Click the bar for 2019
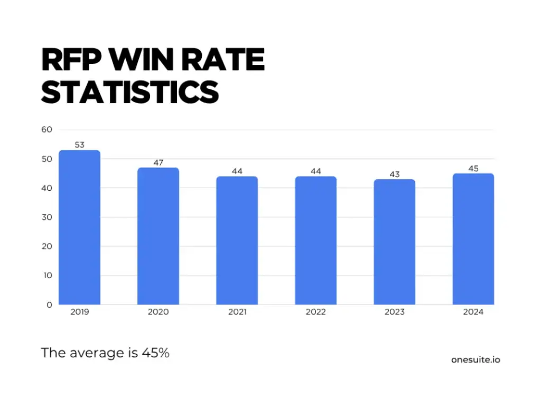[79, 227]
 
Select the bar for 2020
[158, 236]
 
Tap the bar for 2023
[394, 242]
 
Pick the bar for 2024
[473, 239]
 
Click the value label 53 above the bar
[79, 144]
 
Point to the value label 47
[158, 162]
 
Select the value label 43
[394, 174]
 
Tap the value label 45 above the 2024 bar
[473, 168]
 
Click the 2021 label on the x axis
[237, 312]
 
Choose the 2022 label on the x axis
[315, 312]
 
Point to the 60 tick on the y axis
[46, 130]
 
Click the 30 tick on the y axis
[46, 217]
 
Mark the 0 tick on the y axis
[49, 305]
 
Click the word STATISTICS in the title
[129, 92]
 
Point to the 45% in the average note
[155, 353]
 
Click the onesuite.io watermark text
[475, 359]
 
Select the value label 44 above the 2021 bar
[237, 171]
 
